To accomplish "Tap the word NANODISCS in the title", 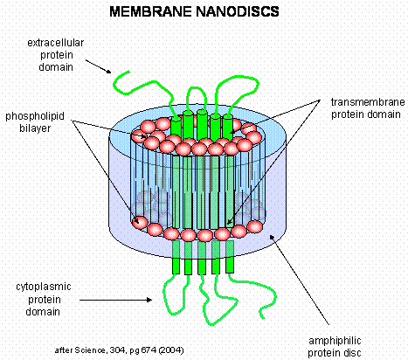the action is pos(238,11).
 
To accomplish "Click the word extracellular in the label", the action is pos(56,43).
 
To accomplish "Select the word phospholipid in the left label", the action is pos(35,116).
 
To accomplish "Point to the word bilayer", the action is pos(35,128).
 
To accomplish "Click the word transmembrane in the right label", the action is pos(368,102).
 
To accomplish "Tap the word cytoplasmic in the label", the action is pos(44,287).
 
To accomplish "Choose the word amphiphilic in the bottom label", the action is pos(335,341).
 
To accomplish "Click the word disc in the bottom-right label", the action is pos(353,353).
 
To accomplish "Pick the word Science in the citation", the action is pos(90,350).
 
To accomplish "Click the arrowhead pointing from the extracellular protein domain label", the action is pos(108,72).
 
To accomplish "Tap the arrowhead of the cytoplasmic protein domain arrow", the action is pos(149,300).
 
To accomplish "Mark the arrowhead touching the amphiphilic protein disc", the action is pos(272,237).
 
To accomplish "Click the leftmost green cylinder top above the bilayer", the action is pos(176,125).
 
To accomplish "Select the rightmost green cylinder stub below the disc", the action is pos(230,265).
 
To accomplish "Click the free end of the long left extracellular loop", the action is pos(128,72).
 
